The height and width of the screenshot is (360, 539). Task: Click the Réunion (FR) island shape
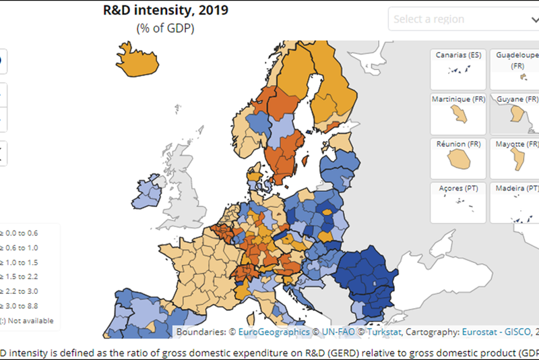[x=459, y=159]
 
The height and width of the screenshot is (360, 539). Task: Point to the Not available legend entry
[x=30, y=321]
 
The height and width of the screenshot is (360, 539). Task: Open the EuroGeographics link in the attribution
[x=274, y=332]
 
